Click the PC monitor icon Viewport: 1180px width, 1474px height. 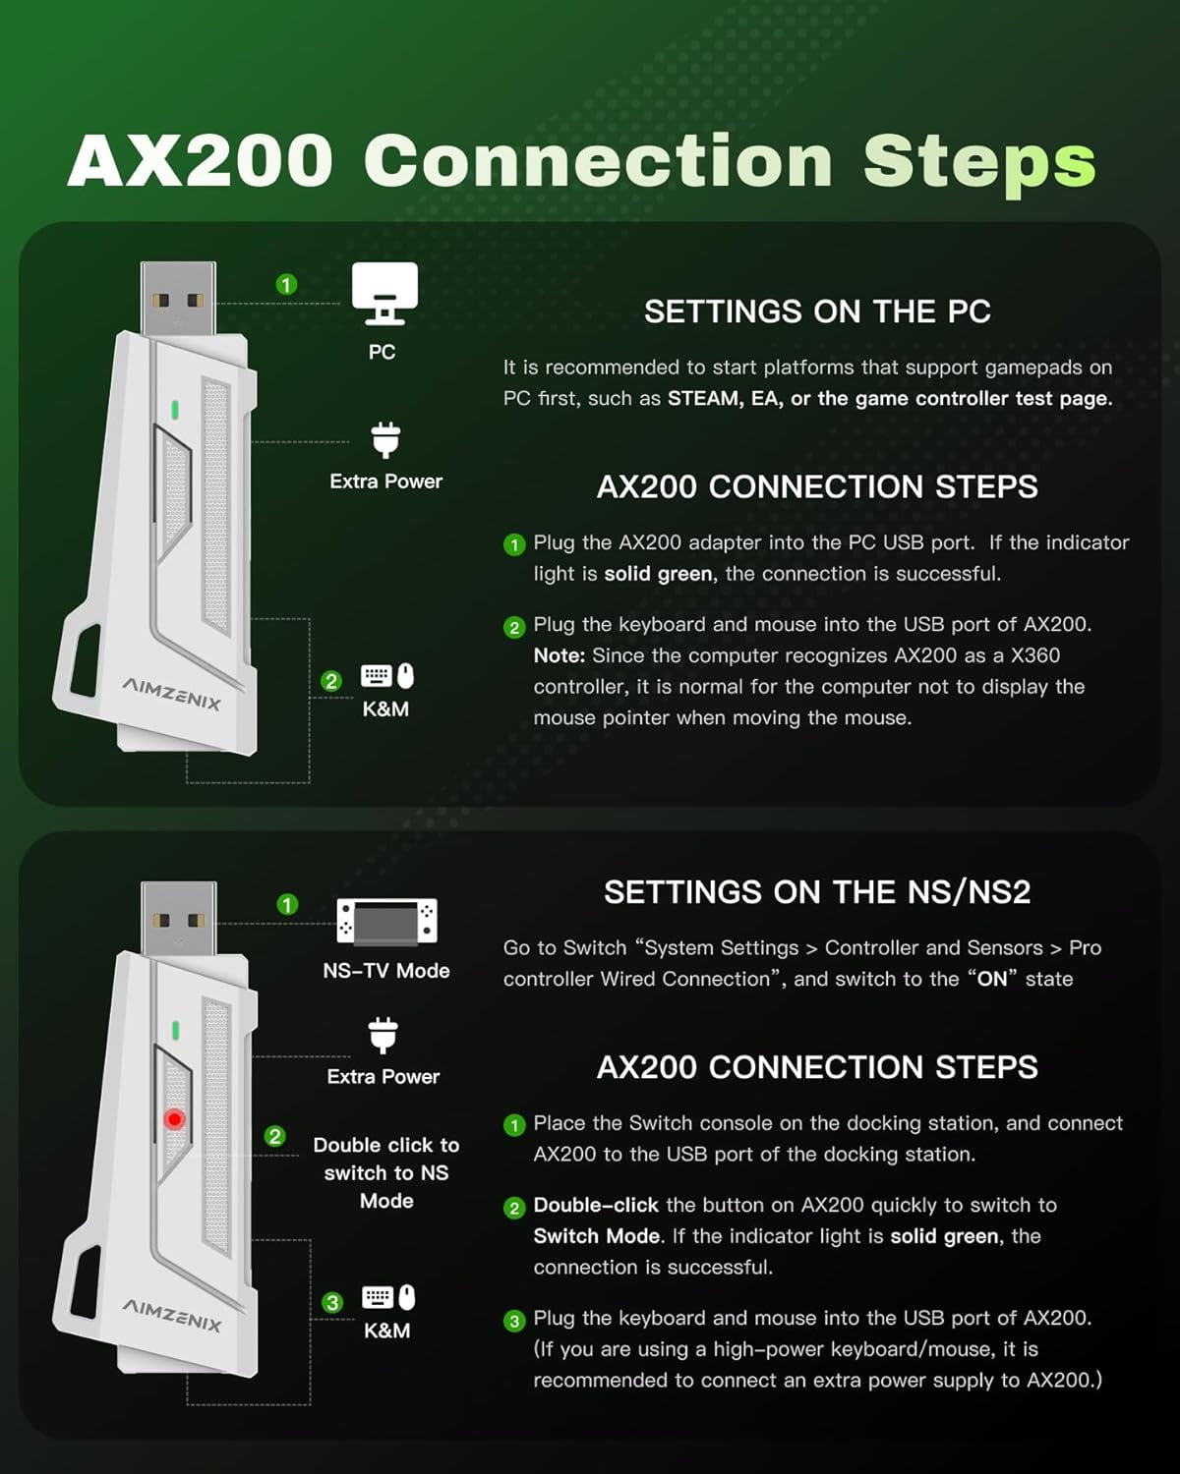click(384, 293)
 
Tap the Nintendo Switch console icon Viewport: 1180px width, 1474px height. click(386, 921)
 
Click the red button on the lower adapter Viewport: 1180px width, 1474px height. click(174, 1118)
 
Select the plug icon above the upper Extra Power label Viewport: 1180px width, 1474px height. click(385, 439)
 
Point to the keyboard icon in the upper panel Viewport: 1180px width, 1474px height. click(377, 676)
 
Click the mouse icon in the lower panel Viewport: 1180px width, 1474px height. click(407, 1297)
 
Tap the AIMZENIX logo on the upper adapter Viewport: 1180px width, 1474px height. click(171, 693)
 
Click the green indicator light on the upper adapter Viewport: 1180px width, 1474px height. click(175, 410)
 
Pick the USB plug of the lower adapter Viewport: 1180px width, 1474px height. click(178, 918)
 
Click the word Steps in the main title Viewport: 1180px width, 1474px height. click(979, 163)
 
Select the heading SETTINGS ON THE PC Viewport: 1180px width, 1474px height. click(817, 312)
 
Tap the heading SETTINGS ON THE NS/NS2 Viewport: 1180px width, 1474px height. click(817, 892)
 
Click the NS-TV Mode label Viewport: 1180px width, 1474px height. click(386, 971)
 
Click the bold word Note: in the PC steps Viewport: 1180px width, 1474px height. click(560, 655)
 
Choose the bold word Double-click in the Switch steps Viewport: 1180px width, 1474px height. click(596, 1205)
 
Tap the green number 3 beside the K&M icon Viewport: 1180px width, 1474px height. click(332, 1302)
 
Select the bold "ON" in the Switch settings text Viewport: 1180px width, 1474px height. click(992, 978)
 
